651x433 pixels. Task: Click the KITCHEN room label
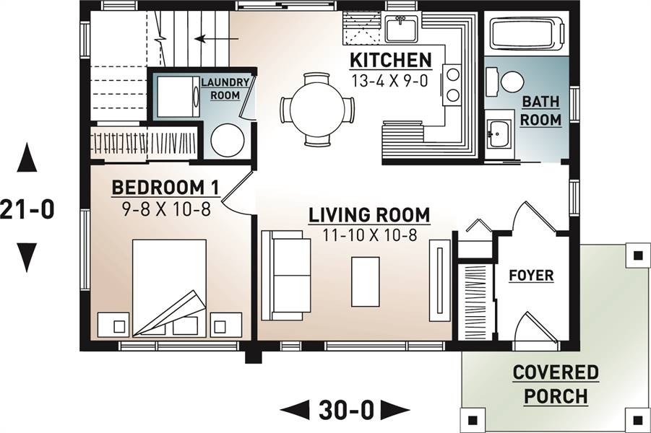pos(391,61)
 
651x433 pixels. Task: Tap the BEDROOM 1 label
pos(165,188)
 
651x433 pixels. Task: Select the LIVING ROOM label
pos(369,215)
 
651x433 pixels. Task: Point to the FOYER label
pos(531,276)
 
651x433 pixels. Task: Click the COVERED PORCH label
pos(556,384)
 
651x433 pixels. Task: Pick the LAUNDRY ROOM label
pos(225,88)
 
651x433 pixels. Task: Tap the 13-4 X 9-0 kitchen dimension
pos(389,80)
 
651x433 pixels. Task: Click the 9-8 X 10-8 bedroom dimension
pos(166,209)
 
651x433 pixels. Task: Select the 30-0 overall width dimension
pos(346,411)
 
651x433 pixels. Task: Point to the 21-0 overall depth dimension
pos(27,209)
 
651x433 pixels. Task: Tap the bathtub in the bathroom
pos(527,32)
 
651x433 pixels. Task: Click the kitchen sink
pos(402,28)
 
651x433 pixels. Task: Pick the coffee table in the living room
pos(366,281)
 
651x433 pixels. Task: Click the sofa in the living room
pos(286,276)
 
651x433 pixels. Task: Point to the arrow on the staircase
pos(216,39)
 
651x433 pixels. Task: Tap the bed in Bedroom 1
pos(169,287)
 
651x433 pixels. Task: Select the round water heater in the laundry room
pos(227,140)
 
